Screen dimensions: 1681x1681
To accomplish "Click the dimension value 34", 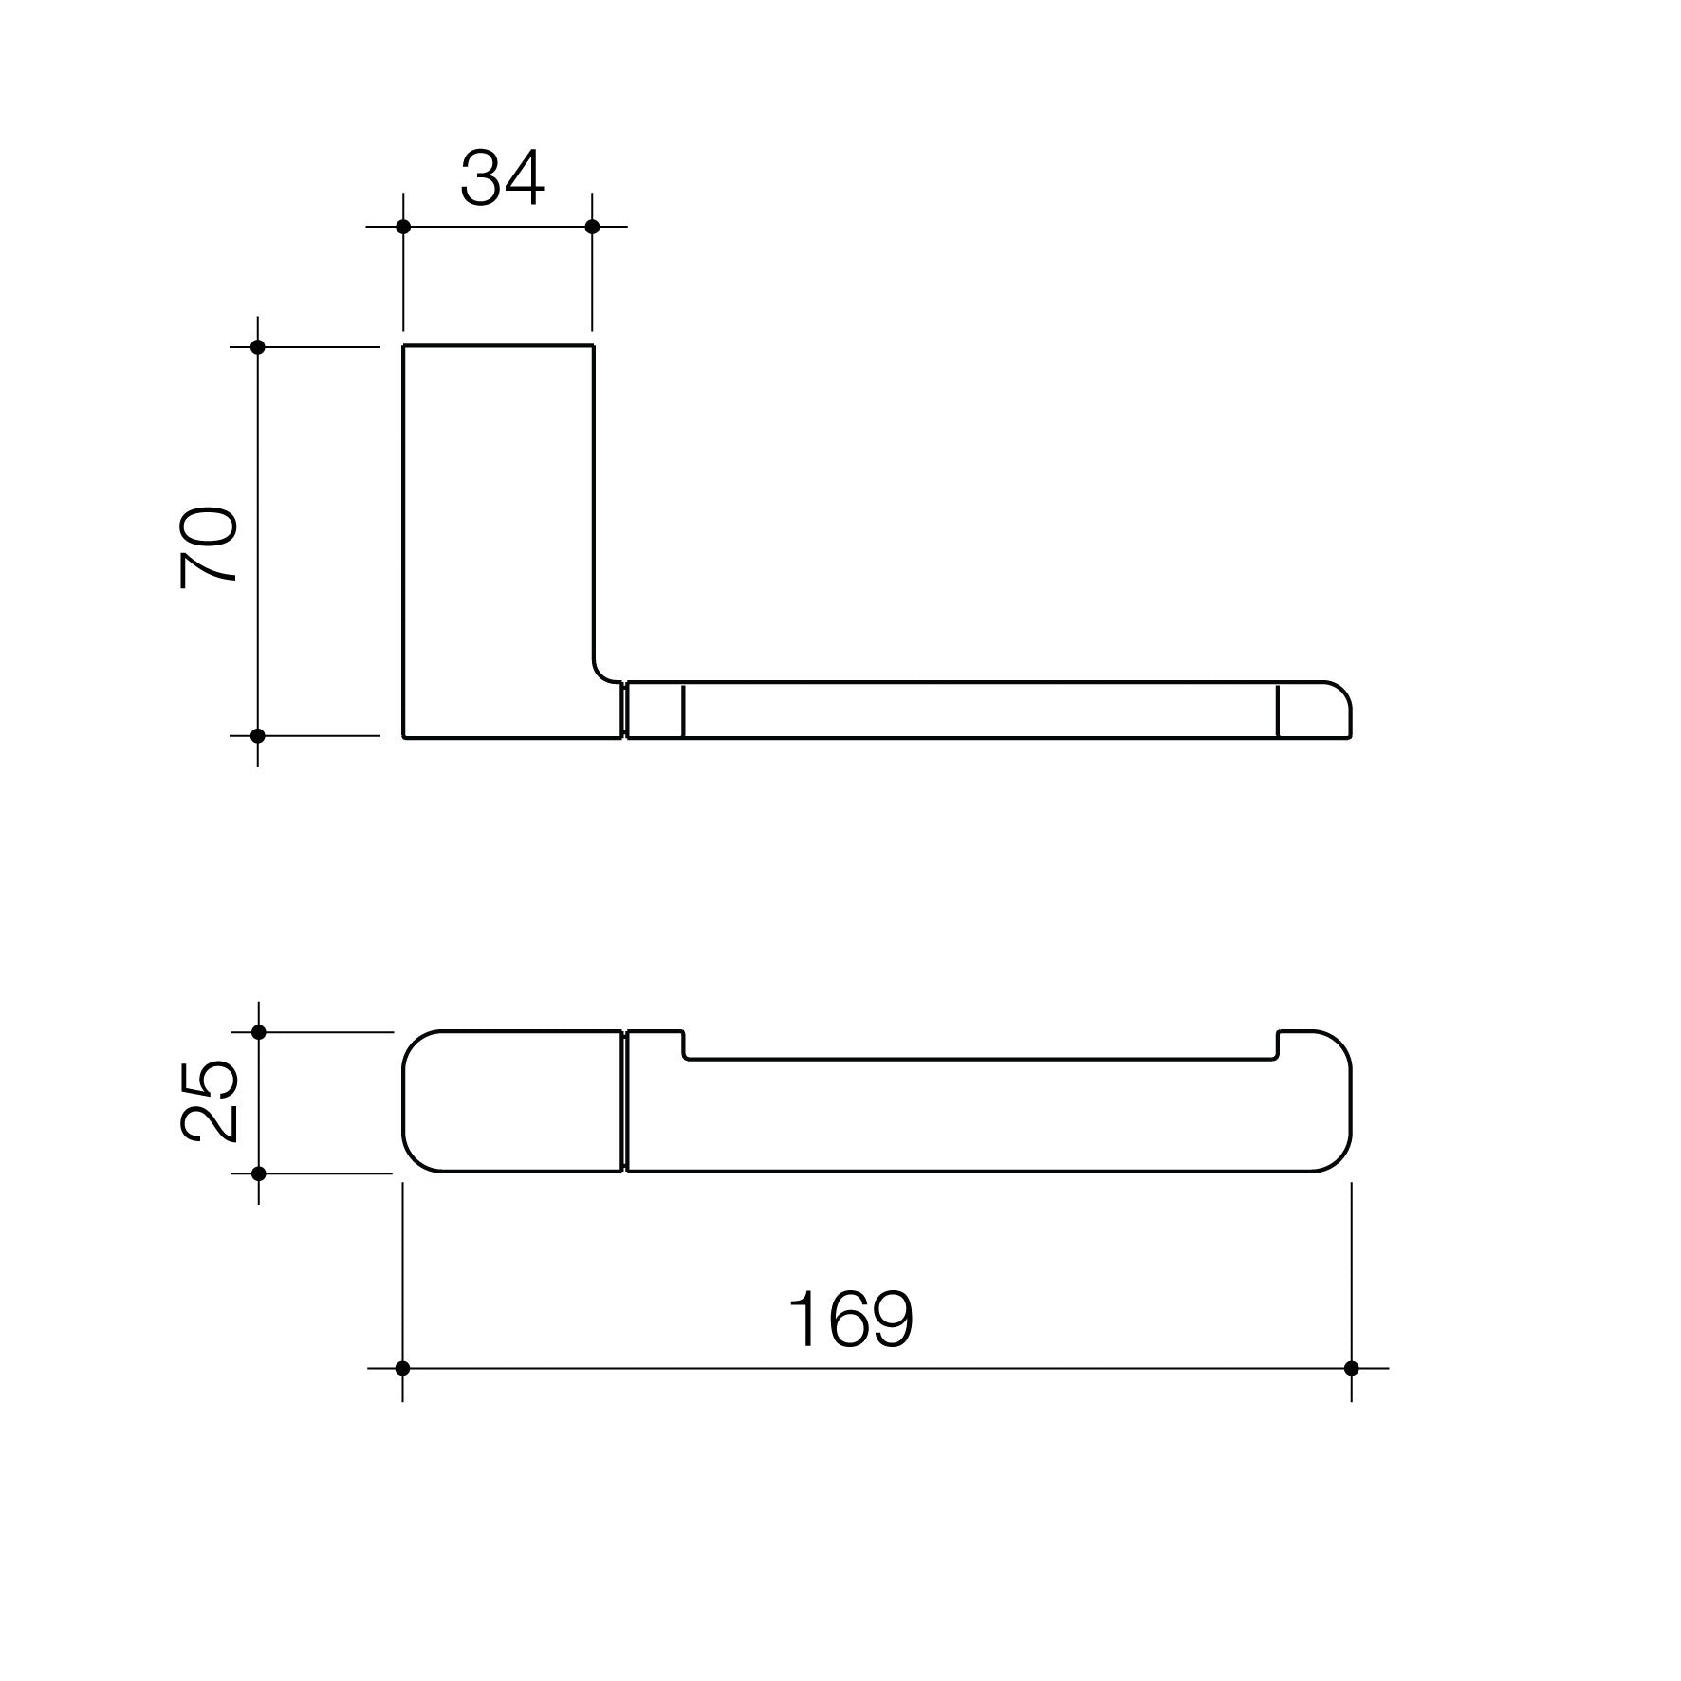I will (502, 178).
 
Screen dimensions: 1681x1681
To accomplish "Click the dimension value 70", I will (209, 548).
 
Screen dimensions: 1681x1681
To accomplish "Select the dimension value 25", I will (209, 1100).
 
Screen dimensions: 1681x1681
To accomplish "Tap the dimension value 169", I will (850, 1320).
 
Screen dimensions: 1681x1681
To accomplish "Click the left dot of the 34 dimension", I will (403, 227).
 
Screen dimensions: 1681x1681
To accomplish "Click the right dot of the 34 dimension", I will (593, 227).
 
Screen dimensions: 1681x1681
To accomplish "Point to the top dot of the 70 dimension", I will (257, 347).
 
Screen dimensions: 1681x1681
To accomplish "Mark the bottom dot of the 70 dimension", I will (257, 735).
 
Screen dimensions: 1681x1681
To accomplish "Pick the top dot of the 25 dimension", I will (259, 1031).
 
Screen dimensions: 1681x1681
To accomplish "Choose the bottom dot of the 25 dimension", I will (259, 1173).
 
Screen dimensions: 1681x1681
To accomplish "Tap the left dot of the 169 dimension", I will (402, 1368).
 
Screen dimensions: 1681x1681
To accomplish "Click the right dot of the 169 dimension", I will (1351, 1368).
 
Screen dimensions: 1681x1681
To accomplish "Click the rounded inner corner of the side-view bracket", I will (601, 672).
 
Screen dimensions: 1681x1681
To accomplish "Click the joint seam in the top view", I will (624, 1101).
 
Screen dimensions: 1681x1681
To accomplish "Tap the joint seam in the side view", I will (624, 710).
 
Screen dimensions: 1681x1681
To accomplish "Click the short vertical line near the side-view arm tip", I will (1278, 710).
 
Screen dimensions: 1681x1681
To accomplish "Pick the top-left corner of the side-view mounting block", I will (404, 347).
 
